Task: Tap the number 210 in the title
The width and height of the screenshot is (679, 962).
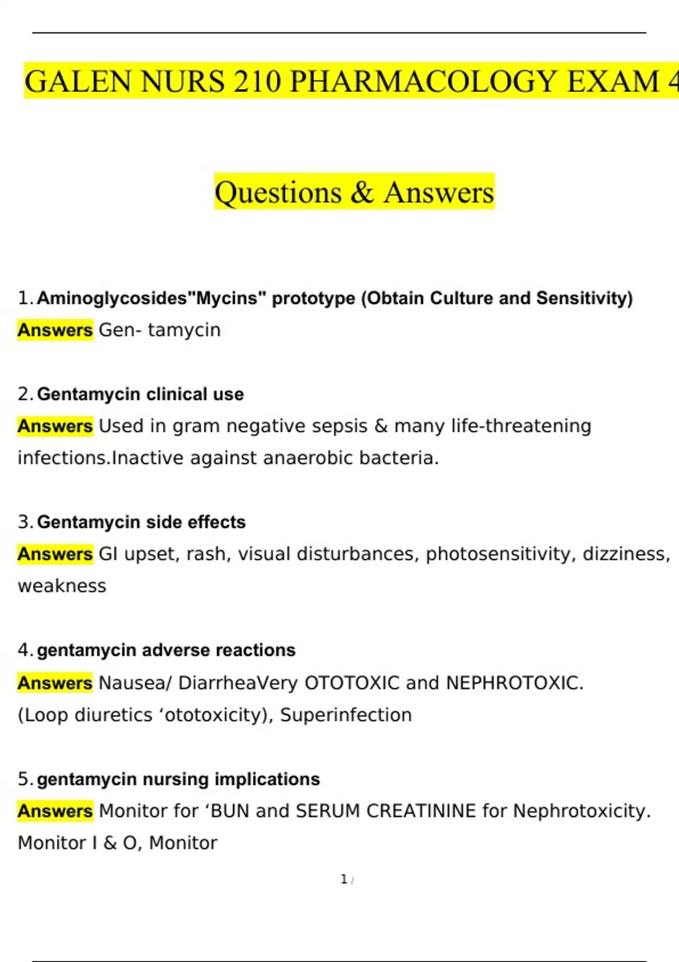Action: point(257,81)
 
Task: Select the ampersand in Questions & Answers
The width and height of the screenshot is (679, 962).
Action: point(362,192)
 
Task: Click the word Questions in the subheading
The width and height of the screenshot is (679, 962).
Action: point(278,193)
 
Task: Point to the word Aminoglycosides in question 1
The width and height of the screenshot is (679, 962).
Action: point(111,298)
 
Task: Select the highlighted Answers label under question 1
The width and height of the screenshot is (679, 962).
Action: point(55,330)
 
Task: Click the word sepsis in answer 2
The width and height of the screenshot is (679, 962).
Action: point(338,426)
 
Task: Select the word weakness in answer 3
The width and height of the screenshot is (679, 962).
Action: point(62,586)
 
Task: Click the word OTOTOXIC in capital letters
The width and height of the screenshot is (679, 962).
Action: point(352,683)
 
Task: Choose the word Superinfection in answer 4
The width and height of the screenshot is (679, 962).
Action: point(346,715)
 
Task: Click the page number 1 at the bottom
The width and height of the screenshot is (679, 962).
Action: point(343,879)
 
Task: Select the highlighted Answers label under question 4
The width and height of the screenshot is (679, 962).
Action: point(55,683)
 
